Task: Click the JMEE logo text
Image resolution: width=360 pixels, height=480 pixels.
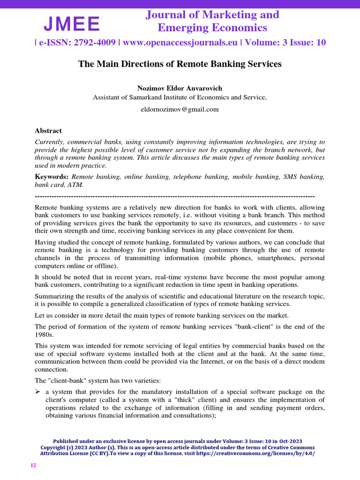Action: pos(72,23)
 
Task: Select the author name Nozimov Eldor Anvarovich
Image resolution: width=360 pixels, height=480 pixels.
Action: pos(180,88)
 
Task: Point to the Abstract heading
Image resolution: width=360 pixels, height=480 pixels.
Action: pos(48,131)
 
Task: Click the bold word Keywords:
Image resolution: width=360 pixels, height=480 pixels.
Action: pos(52,176)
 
